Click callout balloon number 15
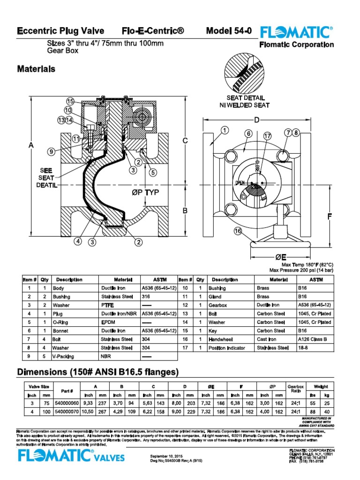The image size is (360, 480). (x=70, y=101)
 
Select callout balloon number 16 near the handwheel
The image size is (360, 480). (x=238, y=230)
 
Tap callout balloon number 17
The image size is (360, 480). (x=267, y=136)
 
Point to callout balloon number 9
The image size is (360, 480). (x=51, y=151)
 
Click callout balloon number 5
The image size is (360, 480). (x=153, y=172)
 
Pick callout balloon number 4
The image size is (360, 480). (x=77, y=241)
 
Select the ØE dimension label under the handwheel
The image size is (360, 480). (x=281, y=257)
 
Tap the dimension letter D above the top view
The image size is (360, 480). (x=256, y=120)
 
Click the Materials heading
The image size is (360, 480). (x=36, y=69)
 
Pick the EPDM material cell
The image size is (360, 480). (x=108, y=322)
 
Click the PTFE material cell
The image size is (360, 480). (x=107, y=305)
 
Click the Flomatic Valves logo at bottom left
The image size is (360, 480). (x=70, y=456)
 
